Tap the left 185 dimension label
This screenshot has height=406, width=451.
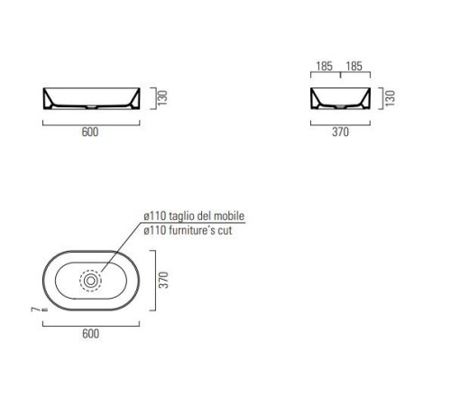(324, 67)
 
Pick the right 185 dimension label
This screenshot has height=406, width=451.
(354, 67)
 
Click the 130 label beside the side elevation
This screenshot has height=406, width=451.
(389, 97)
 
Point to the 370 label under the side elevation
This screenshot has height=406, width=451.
(339, 132)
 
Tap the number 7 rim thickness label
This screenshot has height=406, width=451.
(32, 309)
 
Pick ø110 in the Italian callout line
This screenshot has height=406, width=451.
(153, 217)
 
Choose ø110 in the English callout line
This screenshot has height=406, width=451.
(153, 232)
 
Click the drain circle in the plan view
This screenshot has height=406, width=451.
(90, 281)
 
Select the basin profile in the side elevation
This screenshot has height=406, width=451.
(339, 97)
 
